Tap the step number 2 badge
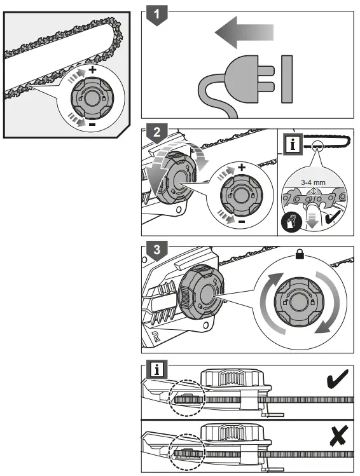154,133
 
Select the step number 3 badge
154,249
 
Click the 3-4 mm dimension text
312,182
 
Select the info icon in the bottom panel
154,368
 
